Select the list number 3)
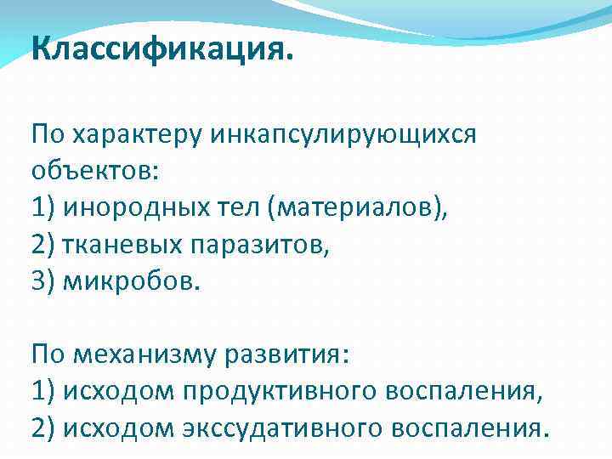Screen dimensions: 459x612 pyautogui.click(x=43, y=281)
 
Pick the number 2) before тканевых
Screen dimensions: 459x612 pyautogui.click(x=43, y=245)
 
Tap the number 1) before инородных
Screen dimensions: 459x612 pyautogui.click(x=43, y=207)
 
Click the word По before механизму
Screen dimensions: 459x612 pyautogui.click(x=46, y=354)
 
